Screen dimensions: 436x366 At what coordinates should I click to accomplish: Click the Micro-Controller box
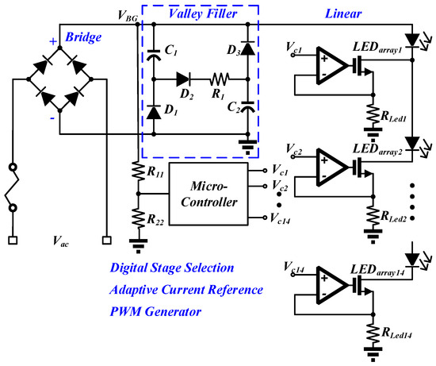pos(208,194)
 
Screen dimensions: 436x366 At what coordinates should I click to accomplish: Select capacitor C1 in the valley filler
pos(154,55)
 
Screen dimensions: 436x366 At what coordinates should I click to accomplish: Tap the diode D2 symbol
pos(183,79)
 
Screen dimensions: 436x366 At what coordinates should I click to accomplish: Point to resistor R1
pos(220,79)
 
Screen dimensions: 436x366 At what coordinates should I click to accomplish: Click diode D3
pos(248,48)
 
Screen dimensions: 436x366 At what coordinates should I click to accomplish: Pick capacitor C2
pos(248,107)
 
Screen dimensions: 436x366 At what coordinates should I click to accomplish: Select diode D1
pos(154,112)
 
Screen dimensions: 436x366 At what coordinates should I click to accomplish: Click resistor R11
pos(138,170)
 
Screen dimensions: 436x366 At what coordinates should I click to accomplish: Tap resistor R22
pos(138,218)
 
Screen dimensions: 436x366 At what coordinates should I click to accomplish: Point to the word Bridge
pos(83,37)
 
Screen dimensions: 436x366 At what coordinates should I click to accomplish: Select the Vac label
pos(60,241)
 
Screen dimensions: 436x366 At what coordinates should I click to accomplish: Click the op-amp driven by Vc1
pos(332,66)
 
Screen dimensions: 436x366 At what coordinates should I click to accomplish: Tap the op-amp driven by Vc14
pos(332,285)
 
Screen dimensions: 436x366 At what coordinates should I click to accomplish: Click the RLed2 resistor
pos(373,216)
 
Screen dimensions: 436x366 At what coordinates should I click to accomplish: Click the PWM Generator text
pos(155,312)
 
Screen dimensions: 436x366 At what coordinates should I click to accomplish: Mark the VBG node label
pos(128,16)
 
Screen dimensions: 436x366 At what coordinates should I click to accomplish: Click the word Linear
pos(343,14)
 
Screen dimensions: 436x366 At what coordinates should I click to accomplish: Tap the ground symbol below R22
pos(138,246)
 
